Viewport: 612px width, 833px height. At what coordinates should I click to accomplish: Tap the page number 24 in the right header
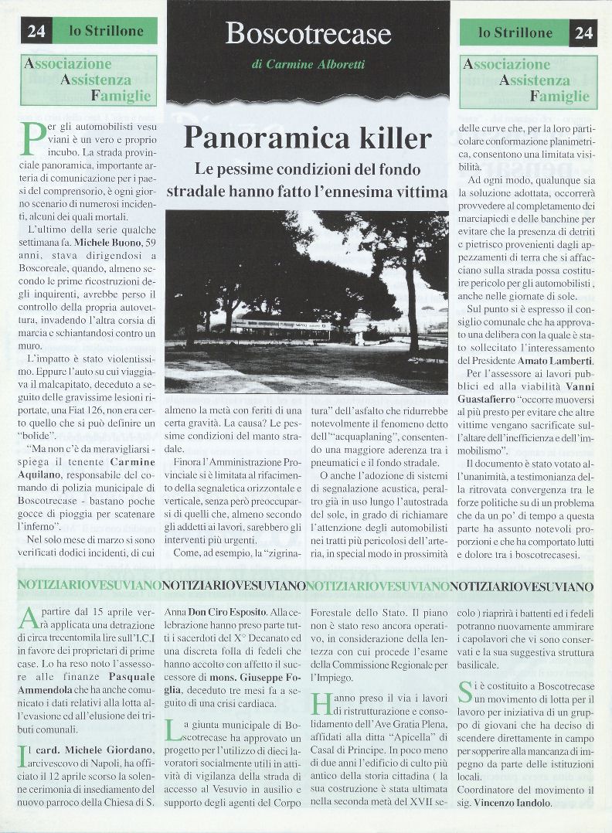pyautogui.click(x=583, y=32)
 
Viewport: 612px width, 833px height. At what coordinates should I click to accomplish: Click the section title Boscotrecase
pyautogui.click(x=308, y=33)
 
